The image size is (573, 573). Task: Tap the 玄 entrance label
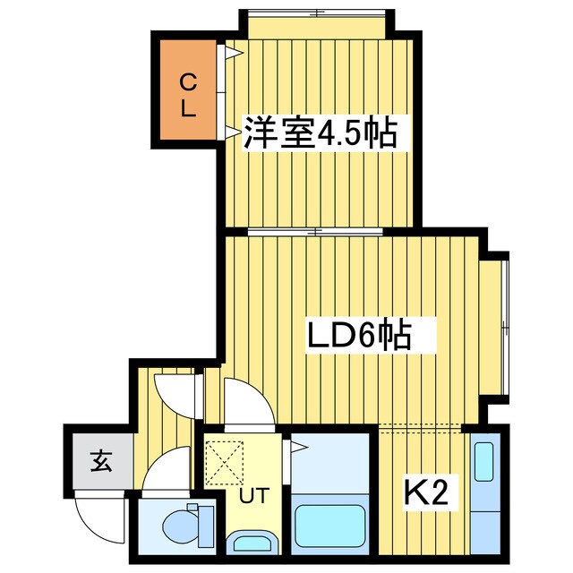[99, 463]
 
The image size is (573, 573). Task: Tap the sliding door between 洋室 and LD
[318, 232]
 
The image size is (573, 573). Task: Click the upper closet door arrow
[232, 53]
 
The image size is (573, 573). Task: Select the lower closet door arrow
[232, 133]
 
